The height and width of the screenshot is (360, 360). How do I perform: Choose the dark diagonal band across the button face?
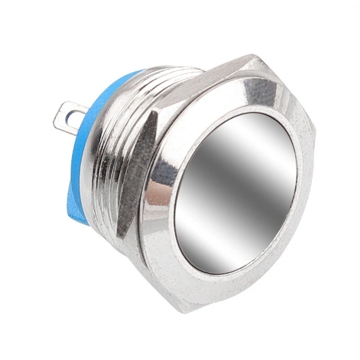pyautogui.click(x=222, y=183)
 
